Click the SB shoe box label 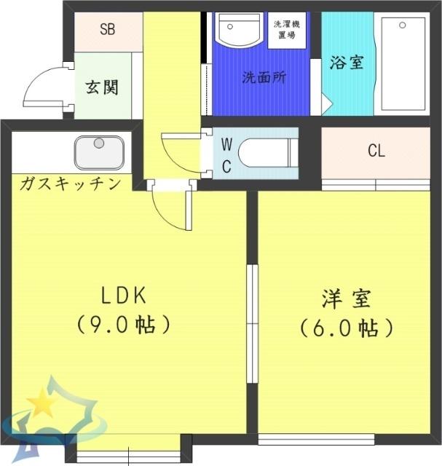pos(108,31)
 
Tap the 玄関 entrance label pos(102,87)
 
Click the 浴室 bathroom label pos(346,63)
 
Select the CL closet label pos(376,151)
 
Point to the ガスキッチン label pos(70,183)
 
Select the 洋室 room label pos(347,299)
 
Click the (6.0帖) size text pos(347,327)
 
